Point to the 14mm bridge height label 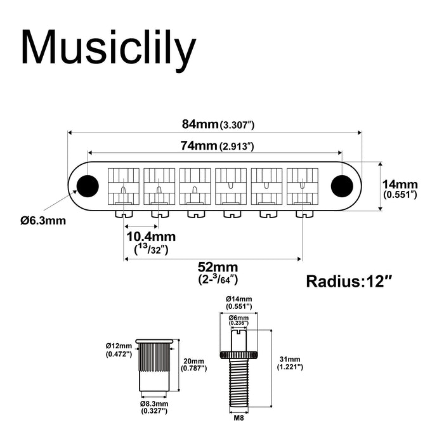click(x=400, y=188)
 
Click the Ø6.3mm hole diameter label click(x=42, y=221)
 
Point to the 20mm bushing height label click(x=194, y=362)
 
